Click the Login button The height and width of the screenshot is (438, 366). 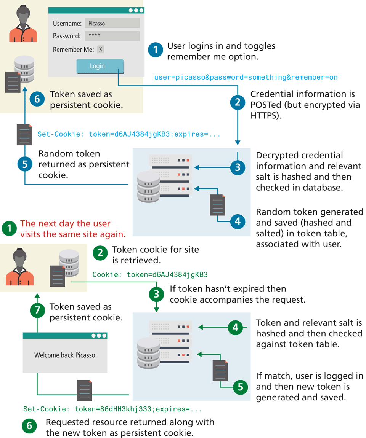100,66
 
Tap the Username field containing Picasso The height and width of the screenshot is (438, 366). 112,24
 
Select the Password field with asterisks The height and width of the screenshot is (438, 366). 112,36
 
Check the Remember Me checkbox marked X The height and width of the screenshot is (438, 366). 100,49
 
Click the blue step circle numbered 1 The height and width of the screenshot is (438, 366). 156,50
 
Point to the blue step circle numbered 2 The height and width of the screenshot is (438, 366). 238,102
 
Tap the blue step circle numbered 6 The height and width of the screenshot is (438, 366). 37,99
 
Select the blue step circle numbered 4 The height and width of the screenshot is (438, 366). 238,221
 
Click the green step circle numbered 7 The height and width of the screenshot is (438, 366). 37,311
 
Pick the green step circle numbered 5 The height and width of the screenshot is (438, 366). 240,387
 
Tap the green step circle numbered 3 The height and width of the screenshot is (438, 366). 156,294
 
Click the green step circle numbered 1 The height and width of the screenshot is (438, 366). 9,228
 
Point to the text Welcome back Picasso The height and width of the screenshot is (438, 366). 65,355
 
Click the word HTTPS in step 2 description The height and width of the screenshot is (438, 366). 264,115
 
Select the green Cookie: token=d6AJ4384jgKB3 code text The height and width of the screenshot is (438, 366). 150,275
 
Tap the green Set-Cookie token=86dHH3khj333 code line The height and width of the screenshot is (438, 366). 112,409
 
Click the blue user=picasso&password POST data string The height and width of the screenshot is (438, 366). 246,77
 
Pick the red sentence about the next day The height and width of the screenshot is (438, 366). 73,229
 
